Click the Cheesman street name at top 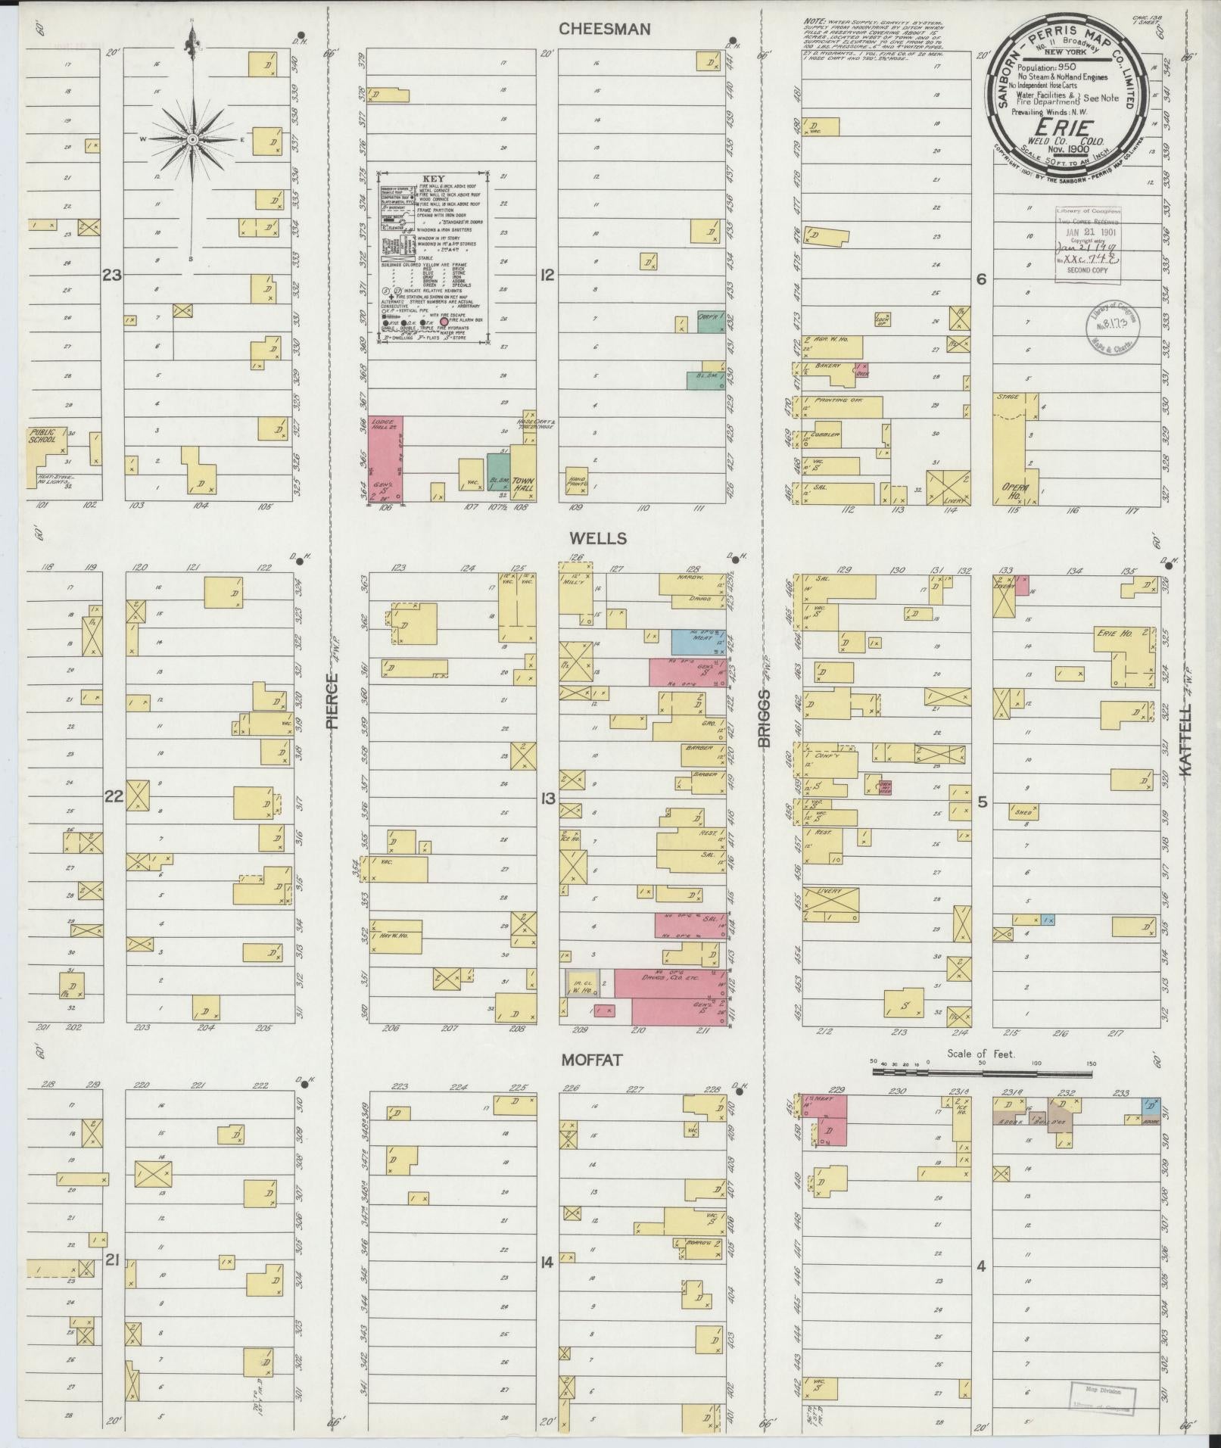point(604,29)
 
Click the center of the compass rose point(192,140)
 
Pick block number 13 point(547,798)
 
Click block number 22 point(113,796)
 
